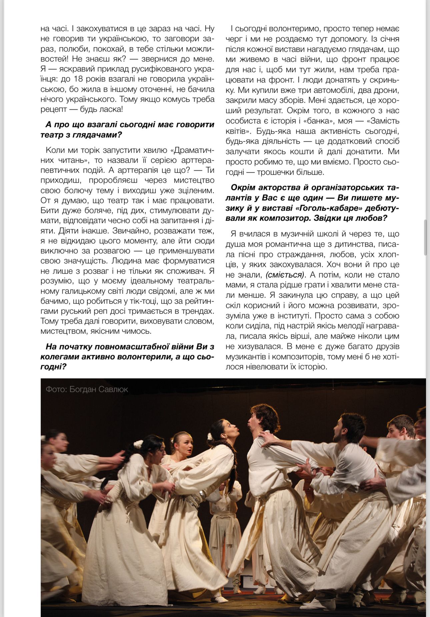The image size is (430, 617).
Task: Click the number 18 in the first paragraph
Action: click(91, 79)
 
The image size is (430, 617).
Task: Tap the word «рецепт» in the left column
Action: click(55, 109)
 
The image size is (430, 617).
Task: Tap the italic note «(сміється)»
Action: click(285, 275)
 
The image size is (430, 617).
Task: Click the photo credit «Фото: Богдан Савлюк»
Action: click(87, 389)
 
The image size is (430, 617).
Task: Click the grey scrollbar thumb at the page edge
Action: click(425, 237)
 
